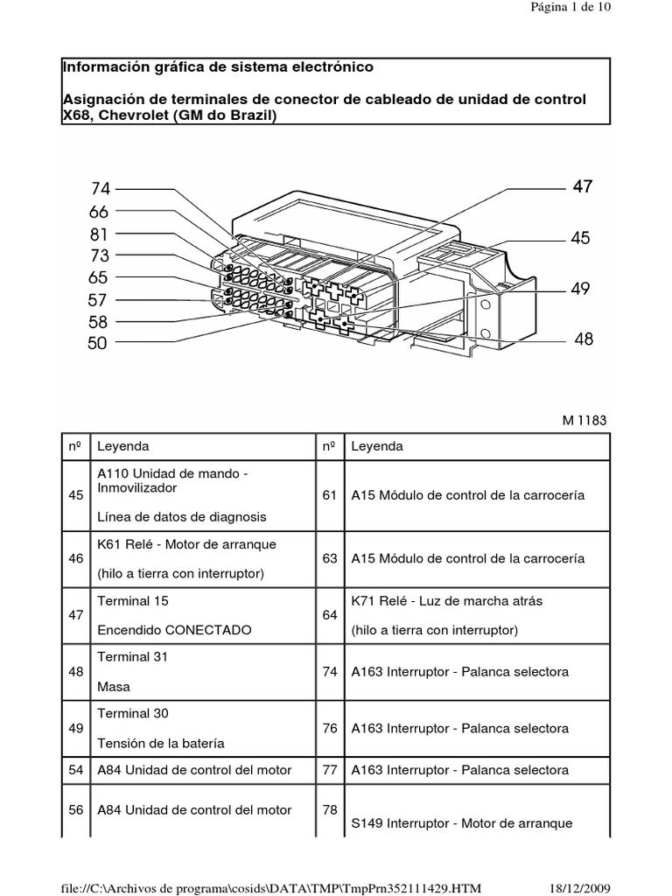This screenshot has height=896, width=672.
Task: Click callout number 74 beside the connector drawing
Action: (x=100, y=188)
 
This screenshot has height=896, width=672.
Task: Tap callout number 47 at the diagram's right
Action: (x=583, y=186)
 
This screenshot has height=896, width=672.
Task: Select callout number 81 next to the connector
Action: (x=98, y=234)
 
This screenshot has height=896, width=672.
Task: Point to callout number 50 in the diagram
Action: (x=97, y=344)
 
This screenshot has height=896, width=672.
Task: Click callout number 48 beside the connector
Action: (x=584, y=339)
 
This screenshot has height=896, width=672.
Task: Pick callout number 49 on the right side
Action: (x=581, y=289)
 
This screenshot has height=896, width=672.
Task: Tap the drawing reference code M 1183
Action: (x=584, y=420)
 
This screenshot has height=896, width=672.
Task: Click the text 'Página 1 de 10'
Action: (x=570, y=7)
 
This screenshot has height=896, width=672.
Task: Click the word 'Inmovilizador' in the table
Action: (x=137, y=486)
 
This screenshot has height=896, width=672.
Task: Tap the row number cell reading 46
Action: (x=75, y=558)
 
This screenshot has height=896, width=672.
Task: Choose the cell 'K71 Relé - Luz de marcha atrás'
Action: (x=436, y=601)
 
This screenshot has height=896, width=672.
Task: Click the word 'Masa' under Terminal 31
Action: (x=114, y=687)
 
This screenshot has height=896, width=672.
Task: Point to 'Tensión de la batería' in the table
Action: (x=161, y=743)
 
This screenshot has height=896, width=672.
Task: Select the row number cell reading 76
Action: (x=330, y=728)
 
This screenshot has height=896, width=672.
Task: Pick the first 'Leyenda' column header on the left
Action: (x=122, y=446)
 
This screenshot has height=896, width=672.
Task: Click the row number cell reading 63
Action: (x=330, y=558)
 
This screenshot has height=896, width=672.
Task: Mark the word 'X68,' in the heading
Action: (x=80, y=116)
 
